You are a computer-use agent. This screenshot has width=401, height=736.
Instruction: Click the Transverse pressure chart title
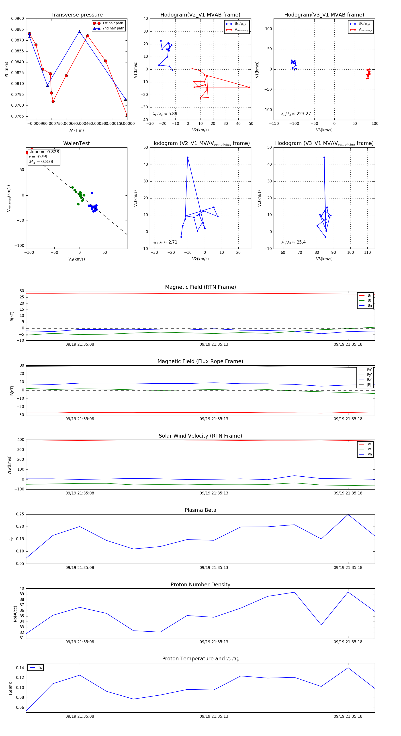[76, 15]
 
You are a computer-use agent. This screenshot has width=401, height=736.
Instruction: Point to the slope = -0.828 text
[44, 152]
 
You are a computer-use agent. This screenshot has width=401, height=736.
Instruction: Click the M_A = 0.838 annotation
[41, 162]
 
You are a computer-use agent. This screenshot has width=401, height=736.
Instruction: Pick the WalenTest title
[76, 143]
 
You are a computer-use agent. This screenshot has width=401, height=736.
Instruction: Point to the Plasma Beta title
[200, 510]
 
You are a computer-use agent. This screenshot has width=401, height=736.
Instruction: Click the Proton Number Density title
[200, 585]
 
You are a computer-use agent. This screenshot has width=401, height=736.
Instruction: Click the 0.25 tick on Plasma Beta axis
[20, 514]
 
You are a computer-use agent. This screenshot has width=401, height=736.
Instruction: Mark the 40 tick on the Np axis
[22, 589]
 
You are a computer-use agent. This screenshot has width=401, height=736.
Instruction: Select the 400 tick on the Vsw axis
[20, 440]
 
